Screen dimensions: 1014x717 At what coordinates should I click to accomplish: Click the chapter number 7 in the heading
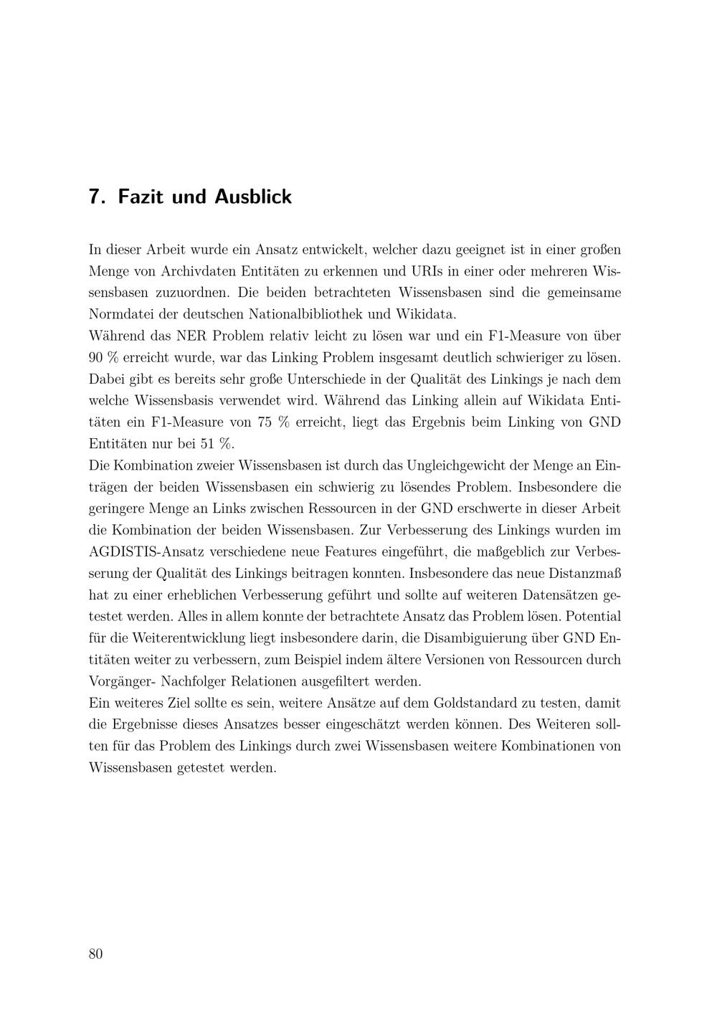[x=93, y=196]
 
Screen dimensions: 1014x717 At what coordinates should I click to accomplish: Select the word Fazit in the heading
[x=141, y=196]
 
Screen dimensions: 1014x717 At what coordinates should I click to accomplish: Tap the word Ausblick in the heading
[x=253, y=196]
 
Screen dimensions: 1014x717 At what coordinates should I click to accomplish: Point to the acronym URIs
[x=431, y=272]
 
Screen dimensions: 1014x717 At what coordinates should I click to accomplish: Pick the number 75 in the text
[x=264, y=422]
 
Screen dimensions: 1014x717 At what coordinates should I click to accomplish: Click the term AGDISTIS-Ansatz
[x=145, y=552]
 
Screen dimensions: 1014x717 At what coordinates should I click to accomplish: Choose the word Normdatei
[x=119, y=315]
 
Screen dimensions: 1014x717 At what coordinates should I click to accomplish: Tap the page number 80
[x=96, y=954]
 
